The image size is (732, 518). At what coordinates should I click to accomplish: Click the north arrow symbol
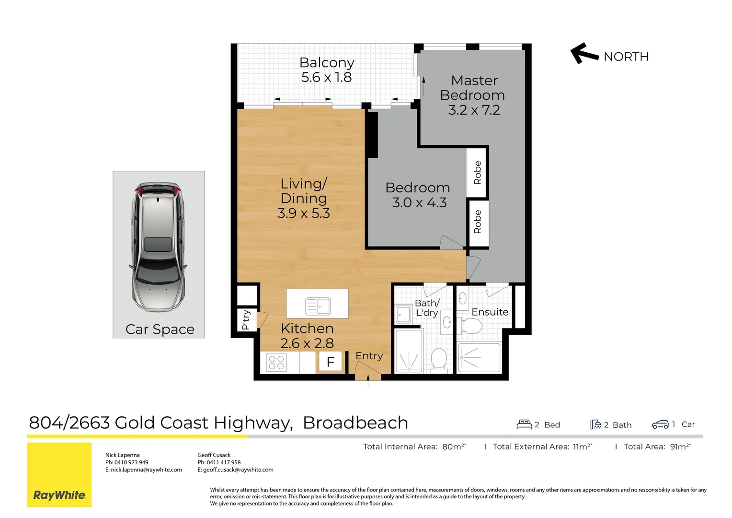coord(584,53)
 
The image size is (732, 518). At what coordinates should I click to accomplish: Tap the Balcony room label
coord(327,63)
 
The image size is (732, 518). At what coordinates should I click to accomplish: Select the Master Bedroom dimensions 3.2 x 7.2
coord(474,110)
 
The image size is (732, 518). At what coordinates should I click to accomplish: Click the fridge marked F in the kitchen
coord(330,362)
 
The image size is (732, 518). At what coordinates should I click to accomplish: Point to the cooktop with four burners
coord(276,362)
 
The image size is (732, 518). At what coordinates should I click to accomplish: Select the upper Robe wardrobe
coord(477,173)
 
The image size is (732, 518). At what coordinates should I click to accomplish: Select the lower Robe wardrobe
coord(477,222)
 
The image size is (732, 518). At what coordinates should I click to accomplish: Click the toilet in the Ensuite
coord(471,327)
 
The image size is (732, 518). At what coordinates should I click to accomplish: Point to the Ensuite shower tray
coord(479,357)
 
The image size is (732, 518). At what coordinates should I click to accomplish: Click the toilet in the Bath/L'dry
coord(439,359)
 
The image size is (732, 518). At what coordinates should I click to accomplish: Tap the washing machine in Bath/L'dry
coord(403,315)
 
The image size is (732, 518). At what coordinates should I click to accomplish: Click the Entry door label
coord(369,356)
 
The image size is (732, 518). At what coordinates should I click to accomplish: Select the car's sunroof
coord(158,245)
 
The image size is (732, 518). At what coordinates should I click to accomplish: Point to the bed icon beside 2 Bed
coord(524,424)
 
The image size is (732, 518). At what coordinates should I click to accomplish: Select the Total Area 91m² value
coord(680,447)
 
